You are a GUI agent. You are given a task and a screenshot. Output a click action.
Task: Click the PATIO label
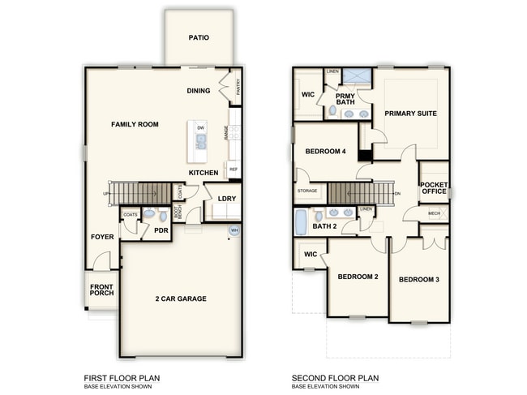[x=199, y=37]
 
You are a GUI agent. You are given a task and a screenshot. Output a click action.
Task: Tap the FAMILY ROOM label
[x=135, y=124]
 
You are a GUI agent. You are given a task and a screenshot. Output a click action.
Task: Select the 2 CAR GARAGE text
[x=181, y=298]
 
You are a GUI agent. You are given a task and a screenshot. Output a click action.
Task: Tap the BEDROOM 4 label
[x=326, y=152]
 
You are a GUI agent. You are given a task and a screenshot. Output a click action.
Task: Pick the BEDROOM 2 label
[x=358, y=277]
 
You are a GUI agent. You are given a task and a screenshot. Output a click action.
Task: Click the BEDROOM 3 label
[x=419, y=280]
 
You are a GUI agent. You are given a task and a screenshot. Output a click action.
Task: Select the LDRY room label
[x=226, y=200]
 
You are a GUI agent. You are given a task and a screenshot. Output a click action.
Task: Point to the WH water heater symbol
[x=234, y=230]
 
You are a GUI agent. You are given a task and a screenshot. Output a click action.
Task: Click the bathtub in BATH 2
[x=302, y=220]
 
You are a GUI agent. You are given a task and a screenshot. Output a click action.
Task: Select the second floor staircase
[x=360, y=194]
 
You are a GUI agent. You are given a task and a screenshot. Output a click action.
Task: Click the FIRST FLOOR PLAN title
[x=122, y=378]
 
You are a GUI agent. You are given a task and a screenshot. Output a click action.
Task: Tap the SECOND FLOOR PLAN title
[x=336, y=378]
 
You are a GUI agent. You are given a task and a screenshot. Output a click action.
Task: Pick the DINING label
[x=199, y=91]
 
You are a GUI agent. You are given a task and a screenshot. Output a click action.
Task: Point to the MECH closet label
[x=434, y=213]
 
